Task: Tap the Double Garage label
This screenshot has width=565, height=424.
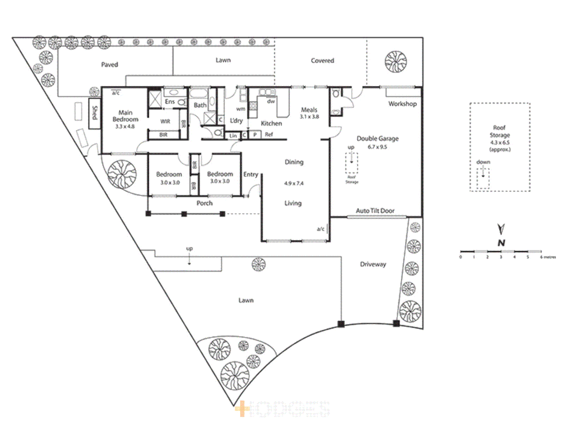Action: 377,139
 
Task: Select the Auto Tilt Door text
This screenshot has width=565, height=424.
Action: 375,211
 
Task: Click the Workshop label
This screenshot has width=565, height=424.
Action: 403,104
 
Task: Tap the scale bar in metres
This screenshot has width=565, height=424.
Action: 501,251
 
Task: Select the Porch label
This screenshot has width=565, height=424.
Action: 204,203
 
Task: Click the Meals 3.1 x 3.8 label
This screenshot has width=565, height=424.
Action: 309,113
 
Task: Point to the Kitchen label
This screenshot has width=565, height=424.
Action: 271,123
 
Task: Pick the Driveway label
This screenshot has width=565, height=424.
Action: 373,264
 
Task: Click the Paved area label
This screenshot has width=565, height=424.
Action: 109,64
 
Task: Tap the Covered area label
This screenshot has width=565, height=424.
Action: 322,60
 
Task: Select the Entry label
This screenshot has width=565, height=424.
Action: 251,174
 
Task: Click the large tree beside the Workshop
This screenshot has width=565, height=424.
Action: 395,62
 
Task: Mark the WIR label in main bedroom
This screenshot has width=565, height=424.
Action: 165,121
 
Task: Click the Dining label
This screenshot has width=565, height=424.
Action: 294,162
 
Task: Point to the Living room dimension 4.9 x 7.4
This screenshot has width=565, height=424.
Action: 294,183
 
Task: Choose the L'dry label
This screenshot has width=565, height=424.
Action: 236,121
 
